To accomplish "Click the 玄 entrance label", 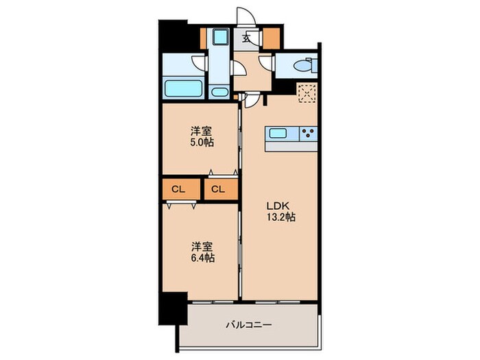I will point(245,38).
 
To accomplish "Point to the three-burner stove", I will point(307,132).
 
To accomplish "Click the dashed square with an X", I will point(306,91).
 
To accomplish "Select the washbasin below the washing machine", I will point(219,91).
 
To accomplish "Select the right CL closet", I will point(219,189).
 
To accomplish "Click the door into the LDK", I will point(252,100).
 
